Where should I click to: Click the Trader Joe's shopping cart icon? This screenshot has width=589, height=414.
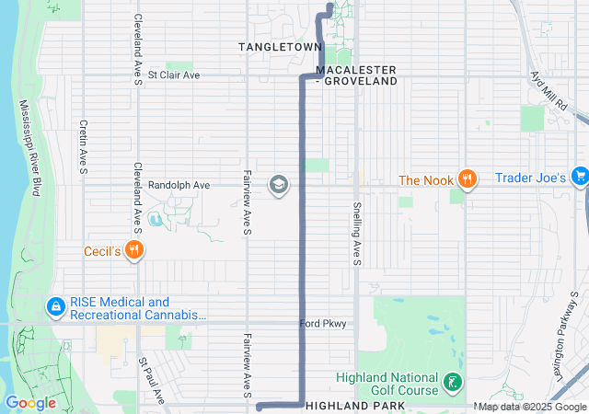pyautogui.click(x=580, y=175)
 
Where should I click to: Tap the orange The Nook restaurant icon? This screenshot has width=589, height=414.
pyautogui.click(x=468, y=179)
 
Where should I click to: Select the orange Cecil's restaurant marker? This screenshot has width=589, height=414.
pyautogui.click(x=135, y=248)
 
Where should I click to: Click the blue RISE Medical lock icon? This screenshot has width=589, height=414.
pyautogui.click(x=54, y=305)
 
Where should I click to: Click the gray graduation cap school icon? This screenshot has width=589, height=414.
pyautogui.click(x=278, y=186)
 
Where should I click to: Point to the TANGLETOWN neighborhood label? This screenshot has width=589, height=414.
pyautogui.click(x=281, y=46)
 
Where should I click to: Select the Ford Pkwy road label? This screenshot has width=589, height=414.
pyautogui.click(x=323, y=323)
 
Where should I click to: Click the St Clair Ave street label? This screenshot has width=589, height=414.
pyautogui.click(x=173, y=75)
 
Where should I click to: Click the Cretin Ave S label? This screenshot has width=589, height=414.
pyautogui.click(x=83, y=146)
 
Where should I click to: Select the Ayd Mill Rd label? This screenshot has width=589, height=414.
pyautogui.click(x=549, y=91)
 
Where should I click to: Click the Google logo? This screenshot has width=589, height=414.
pyautogui.click(x=30, y=403)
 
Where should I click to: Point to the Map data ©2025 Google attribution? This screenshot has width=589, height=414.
pyautogui.click(x=533, y=407)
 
